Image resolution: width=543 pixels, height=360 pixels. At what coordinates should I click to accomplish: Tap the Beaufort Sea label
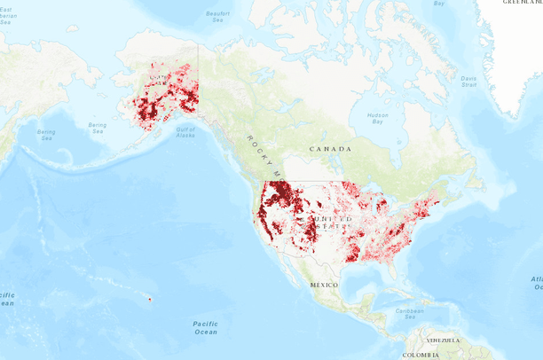coord(217,17)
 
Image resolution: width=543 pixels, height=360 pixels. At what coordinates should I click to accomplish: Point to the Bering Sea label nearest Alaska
coord(98,129)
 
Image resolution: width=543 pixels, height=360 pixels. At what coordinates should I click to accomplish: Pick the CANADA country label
coord(330,149)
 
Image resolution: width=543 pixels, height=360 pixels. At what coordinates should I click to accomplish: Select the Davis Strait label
coord(468,81)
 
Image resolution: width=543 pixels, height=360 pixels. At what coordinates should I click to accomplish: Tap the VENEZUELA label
coord(442,340)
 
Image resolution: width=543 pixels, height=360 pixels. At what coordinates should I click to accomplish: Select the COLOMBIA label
coord(420,355)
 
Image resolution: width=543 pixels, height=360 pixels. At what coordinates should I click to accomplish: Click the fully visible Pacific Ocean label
coord(205,327)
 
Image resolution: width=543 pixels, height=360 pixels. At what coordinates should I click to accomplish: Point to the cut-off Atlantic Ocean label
coord(536,283)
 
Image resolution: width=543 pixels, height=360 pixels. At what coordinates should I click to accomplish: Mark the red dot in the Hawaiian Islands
coord(150,299)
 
